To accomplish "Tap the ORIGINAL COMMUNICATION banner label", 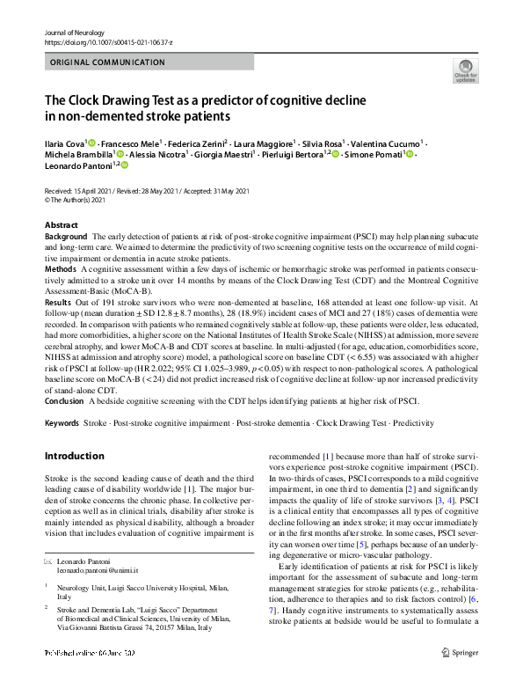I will click(108, 62).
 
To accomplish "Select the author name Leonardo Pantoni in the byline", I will click(74, 165).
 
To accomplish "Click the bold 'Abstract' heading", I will click(61, 225).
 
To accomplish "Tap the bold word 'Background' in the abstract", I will click(66, 238).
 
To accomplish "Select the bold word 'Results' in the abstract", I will click(58, 300).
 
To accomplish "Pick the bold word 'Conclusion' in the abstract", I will click(64, 400).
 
